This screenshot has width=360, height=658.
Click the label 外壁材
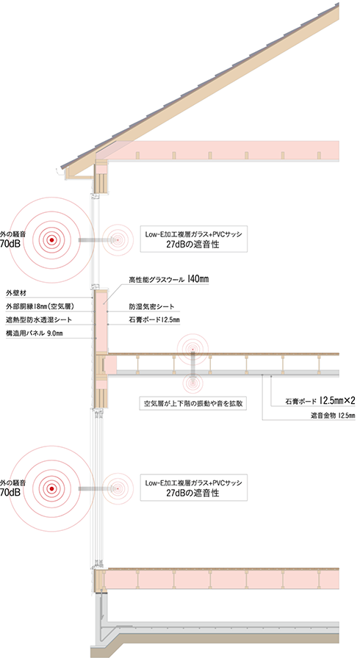click(x=16, y=292)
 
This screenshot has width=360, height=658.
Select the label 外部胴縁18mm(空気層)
click(x=36, y=306)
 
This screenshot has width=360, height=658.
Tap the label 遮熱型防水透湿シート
click(x=39, y=319)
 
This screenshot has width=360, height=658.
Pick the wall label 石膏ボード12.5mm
click(x=154, y=320)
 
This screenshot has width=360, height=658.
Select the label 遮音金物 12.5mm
click(x=333, y=416)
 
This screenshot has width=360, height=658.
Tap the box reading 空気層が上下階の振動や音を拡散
click(x=192, y=404)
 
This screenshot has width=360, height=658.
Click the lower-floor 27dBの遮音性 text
click(x=192, y=493)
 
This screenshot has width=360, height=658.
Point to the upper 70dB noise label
click(x=10, y=242)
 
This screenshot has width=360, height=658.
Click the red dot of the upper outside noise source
click(x=51, y=240)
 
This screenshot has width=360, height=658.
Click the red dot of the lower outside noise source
click(x=51, y=488)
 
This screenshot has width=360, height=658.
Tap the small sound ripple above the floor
click(x=192, y=349)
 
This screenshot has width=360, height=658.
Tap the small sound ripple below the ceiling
click(x=192, y=383)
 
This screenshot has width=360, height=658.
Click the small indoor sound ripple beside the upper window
click(x=118, y=240)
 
